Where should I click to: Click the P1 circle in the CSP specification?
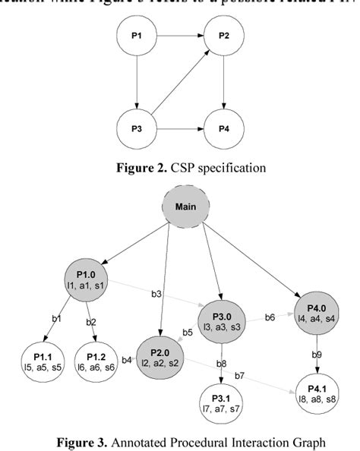pyautogui.click(x=137, y=36)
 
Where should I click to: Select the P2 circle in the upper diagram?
pyautogui.click(x=224, y=36)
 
